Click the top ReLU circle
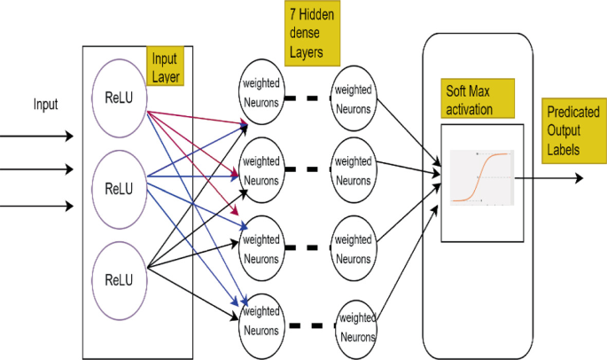[119, 96]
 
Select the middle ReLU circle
[119, 187]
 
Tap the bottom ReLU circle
[119, 279]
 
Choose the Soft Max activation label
[479, 100]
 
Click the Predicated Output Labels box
[571, 131]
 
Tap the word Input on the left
[45, 105]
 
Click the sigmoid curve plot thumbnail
[481, 178]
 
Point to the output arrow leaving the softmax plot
[549, 178]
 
